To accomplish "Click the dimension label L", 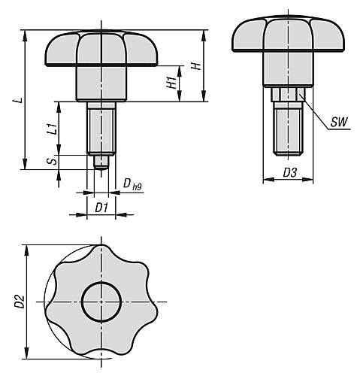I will [17, 99].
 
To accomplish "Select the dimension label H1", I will [172, 83].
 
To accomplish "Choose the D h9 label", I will [132, 183].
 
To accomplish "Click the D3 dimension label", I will [289, 173].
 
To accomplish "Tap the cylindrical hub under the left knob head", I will [98, 83].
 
